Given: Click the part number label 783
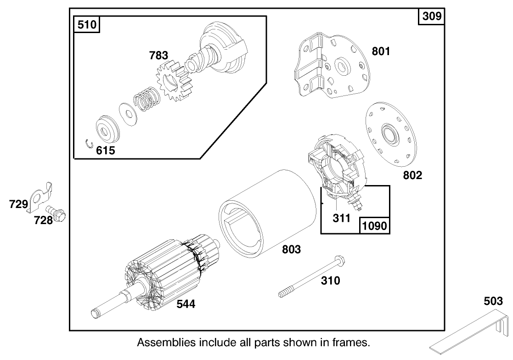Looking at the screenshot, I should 158,56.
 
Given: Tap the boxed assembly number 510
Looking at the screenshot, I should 87,24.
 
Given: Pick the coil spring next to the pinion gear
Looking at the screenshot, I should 146,99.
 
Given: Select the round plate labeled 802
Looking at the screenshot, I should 388,134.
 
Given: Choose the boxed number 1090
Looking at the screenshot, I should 375,225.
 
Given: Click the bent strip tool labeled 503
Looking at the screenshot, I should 473,336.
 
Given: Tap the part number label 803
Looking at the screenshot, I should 291,249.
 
